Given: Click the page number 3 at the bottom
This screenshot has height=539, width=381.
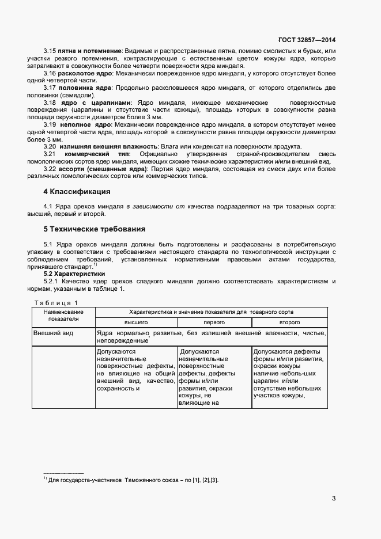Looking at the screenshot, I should pos(334,498).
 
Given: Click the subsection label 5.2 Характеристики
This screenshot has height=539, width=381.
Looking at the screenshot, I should pos(73,274).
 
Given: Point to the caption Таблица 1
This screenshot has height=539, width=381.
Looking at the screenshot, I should pos(56,303).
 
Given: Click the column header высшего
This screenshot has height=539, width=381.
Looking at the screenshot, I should pos(136,323).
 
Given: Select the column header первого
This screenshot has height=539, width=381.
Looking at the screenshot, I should pos(214,323).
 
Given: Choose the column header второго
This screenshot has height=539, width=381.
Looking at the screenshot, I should pos(290,323).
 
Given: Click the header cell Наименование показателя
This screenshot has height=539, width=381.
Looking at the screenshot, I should pos(63,315).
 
